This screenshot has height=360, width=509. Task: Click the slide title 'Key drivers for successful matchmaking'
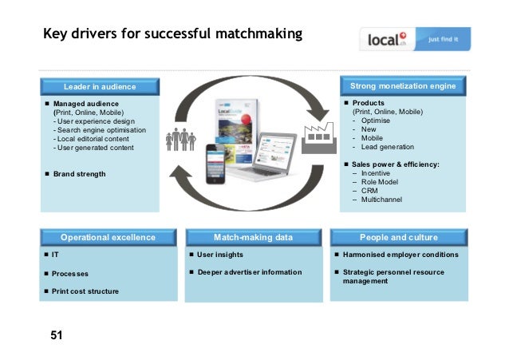172,34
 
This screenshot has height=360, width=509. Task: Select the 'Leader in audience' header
100,86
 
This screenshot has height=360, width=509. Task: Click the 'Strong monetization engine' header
403,85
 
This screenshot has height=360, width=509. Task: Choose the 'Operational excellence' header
108,237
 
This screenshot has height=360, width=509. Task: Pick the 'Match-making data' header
253,237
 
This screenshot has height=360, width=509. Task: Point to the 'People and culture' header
399,237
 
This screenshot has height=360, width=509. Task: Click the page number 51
56,336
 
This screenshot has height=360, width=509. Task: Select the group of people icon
180,138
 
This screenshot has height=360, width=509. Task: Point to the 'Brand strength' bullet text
79,173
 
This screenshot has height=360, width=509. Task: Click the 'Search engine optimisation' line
100,129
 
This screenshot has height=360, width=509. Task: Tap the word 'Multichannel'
382,199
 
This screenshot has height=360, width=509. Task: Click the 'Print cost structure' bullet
85,291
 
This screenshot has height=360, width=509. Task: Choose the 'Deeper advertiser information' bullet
250,272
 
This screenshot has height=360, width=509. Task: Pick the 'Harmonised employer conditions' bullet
400,255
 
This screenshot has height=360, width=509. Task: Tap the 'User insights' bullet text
220,255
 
